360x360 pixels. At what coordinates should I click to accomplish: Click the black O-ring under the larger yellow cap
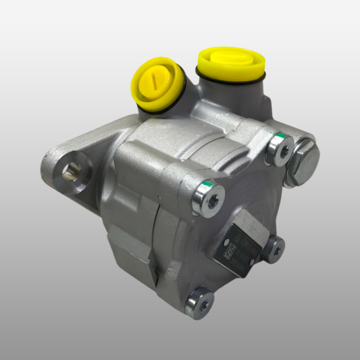232,80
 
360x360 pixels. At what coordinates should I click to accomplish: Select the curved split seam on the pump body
153,240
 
